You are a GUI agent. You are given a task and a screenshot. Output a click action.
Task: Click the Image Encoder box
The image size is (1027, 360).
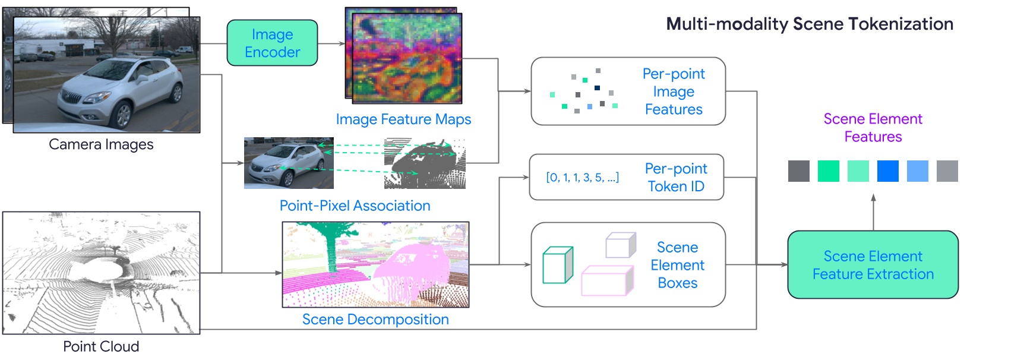[272, 43]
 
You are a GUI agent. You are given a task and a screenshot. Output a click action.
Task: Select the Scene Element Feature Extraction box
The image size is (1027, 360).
[873, 265]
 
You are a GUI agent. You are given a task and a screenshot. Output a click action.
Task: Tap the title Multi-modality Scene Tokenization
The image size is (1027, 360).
[809, 24]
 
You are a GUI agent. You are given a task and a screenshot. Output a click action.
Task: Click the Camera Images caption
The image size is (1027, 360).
[101, 144]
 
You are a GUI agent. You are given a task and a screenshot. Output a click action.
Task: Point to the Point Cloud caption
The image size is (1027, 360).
[101, 346]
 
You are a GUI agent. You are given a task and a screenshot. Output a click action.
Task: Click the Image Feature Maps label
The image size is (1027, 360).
[403, 119]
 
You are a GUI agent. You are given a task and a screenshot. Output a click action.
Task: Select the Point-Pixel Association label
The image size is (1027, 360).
[355, 206]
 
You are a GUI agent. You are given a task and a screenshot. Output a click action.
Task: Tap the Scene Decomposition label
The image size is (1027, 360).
[375, 320]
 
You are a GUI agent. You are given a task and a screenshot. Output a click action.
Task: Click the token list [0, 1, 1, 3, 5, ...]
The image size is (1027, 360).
[582, 178]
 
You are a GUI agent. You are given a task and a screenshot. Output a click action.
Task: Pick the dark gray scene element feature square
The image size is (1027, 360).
[798, 171]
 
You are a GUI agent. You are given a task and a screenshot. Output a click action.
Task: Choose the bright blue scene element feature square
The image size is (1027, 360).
[887, 171]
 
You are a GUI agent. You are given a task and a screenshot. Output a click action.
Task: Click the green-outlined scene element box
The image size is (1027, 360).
[558, 265]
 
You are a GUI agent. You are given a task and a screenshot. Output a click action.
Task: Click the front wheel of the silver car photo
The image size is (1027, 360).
[124, 115]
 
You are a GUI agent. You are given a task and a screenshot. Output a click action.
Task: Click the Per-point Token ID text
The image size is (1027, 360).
[676, 178]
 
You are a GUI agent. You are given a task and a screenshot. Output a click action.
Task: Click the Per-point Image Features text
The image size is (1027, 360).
[674, 91]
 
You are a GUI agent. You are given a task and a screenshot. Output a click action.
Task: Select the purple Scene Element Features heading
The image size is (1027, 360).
[873, 128]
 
